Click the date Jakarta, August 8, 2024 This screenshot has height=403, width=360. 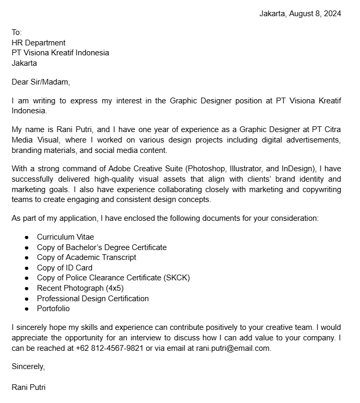tap(300, 14)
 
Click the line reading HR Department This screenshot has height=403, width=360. tap(39, 43)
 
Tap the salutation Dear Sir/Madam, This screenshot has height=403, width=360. tap(41, 82)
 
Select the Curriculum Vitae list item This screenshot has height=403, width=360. tap(65, 237)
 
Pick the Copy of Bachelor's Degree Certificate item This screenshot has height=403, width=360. tap(102, 247)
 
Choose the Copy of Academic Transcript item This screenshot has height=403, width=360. tap(87, 257)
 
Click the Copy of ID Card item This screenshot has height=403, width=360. tap(65, 268)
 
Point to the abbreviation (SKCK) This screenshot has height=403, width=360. tap(177, 278)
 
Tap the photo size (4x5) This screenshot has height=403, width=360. tap(115, 288)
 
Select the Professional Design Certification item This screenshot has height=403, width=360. tap(93, 299)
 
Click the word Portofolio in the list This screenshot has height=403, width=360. tap(53, 309)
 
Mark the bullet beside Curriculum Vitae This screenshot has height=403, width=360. tap(27, 238)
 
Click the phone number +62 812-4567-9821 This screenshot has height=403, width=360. tap(110, 348)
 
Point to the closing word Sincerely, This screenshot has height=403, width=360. tap(29, 366)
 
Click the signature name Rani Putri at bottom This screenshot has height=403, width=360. tap(29, 387)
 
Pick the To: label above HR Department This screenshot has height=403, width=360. tap(17, 32)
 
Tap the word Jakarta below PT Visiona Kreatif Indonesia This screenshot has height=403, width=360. tap(25, 63)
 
